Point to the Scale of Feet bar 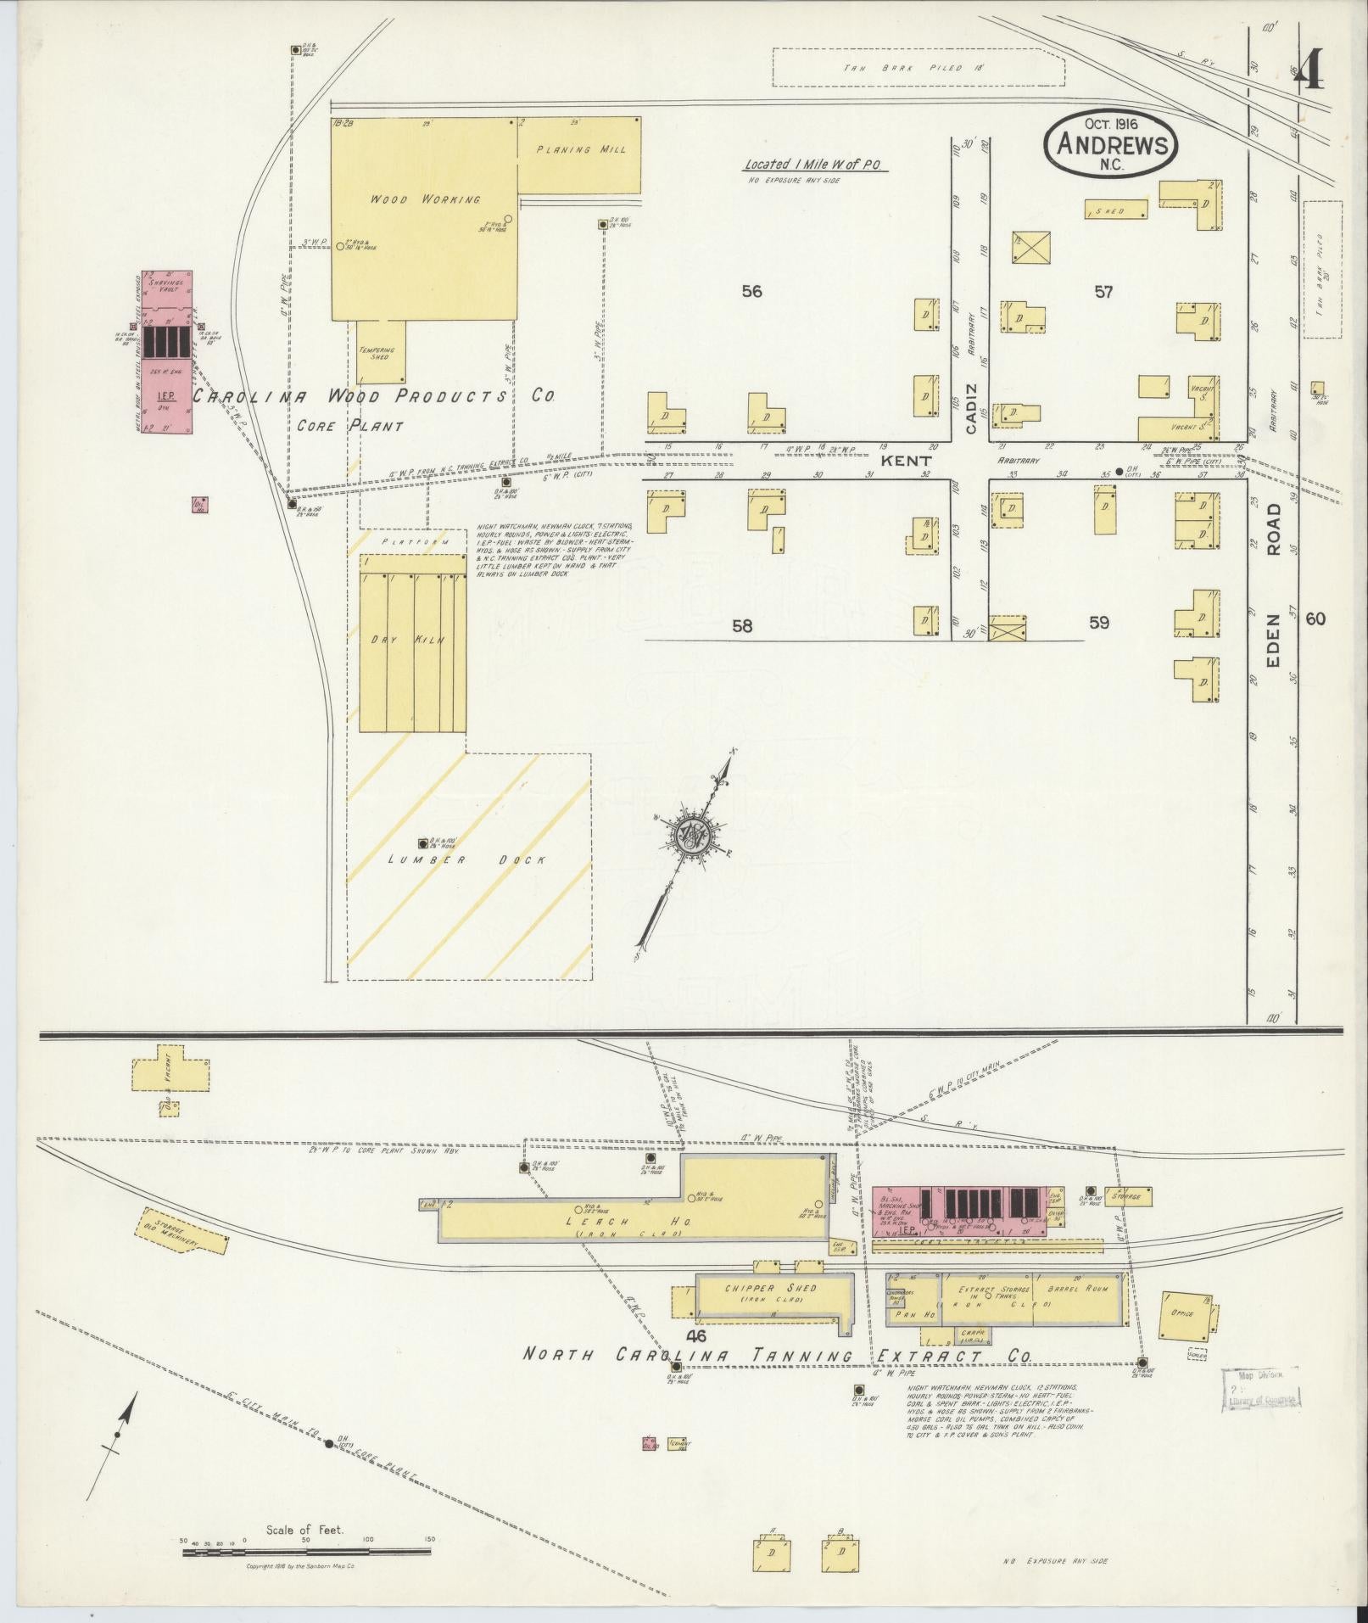[x=304, y=1553]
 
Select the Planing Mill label [x=582, y=150]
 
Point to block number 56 [x=751, y=292]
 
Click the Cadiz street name [x=971, y=407]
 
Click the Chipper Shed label [x=771, y=1312]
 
